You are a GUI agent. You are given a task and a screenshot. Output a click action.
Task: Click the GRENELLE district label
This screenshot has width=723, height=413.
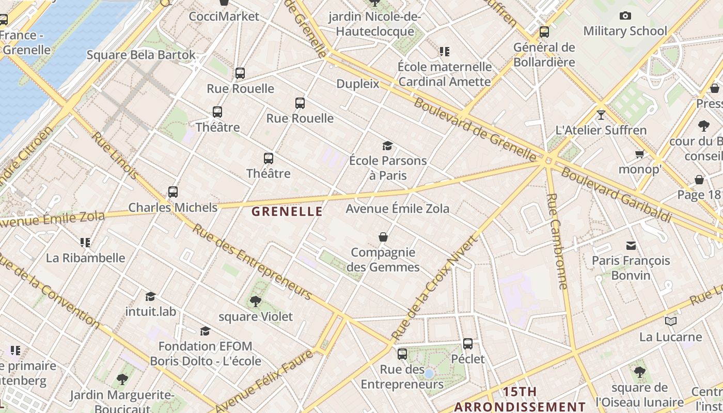click(287, 211)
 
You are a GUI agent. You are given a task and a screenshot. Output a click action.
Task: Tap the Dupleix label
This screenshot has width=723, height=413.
click(357, 84)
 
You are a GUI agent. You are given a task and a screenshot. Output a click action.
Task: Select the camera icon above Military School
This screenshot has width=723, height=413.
click(625, 16)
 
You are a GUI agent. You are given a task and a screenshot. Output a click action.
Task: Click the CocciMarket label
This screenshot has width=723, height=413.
click(224, 17)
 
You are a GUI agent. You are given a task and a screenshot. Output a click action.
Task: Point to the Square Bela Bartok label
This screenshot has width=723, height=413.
click(141, 55)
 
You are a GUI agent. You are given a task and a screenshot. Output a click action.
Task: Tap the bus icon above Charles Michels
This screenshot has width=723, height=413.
click(173, 192)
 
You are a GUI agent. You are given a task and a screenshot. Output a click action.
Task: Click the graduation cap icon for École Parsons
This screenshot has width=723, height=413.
click(387, 146)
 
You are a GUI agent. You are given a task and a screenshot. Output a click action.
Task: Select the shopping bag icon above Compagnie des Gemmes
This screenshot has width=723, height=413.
click(383, 237)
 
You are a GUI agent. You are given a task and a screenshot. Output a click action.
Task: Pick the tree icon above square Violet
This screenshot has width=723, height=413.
click(255, 301)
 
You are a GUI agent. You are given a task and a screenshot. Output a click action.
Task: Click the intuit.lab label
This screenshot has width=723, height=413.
click(151, 311)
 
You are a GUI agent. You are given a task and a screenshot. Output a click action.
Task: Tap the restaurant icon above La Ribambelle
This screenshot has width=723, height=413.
click(85, 242)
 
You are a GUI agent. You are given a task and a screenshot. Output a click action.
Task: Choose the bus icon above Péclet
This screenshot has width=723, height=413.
click(468, 343)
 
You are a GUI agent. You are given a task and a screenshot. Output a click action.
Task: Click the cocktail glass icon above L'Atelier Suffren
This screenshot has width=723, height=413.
click(601, 115)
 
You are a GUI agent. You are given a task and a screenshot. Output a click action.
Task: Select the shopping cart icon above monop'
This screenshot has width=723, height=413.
click(639, 154)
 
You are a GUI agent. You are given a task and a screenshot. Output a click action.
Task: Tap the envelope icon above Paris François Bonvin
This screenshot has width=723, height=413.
click(631, 245)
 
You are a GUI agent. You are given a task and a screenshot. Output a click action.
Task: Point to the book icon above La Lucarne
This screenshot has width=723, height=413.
click(670, 322)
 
